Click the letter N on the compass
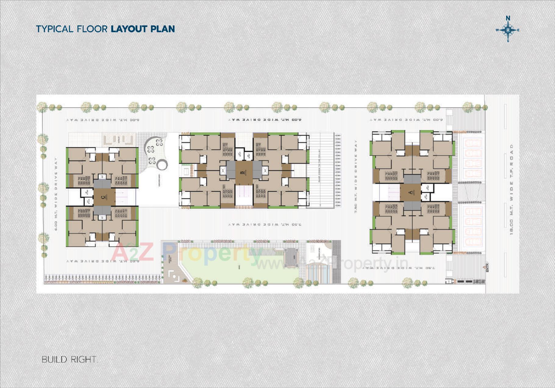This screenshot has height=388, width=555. (x=508, y=18)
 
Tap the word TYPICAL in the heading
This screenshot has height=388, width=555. (x=55, y=29)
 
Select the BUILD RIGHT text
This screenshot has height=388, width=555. (x=69, y=359)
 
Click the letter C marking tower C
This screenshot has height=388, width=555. (x=103, y=197)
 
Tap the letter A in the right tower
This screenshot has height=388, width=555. (x=411, y=192)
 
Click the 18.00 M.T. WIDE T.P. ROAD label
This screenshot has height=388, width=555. (x=511, y=189)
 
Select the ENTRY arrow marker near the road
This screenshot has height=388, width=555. (x=485, y=267)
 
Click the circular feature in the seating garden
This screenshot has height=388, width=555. (x=162, y=165)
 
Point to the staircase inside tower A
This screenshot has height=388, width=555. (x=393, y=192)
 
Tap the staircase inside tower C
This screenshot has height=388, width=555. (x=125, y=197)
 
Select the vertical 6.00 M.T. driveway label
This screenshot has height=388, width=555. (x=56, y=194)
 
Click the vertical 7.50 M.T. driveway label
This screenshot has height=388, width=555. (x=356, y=177)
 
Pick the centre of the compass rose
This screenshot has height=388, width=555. (x=508, y=30)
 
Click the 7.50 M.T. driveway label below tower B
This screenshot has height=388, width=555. (x=265, y=225)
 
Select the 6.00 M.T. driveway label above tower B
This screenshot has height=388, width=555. (x=265, y=120)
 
